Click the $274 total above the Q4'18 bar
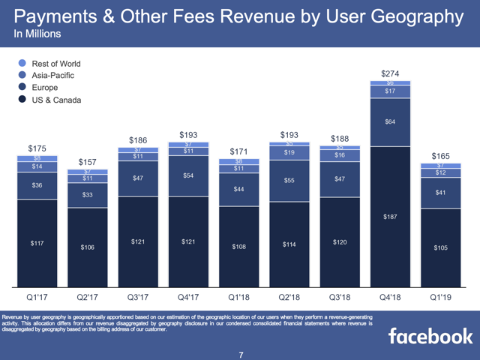(x=390, y=73)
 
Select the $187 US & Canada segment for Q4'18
(x=390, y=217)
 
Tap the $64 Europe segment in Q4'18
(x=390, y=122)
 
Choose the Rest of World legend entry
(x=56, y=64)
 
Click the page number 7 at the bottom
(x=241, y=353)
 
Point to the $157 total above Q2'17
(x=88, y=163)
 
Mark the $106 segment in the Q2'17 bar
(x=88, y=247)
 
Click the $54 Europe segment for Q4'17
(x=189, y=175)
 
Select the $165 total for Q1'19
(x=441, y=155)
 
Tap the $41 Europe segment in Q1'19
(x=441, y=193)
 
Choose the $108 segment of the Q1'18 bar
(x=238, y=246)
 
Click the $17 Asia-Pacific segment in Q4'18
(x=390, y=91)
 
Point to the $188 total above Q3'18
(x=339, y=138)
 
